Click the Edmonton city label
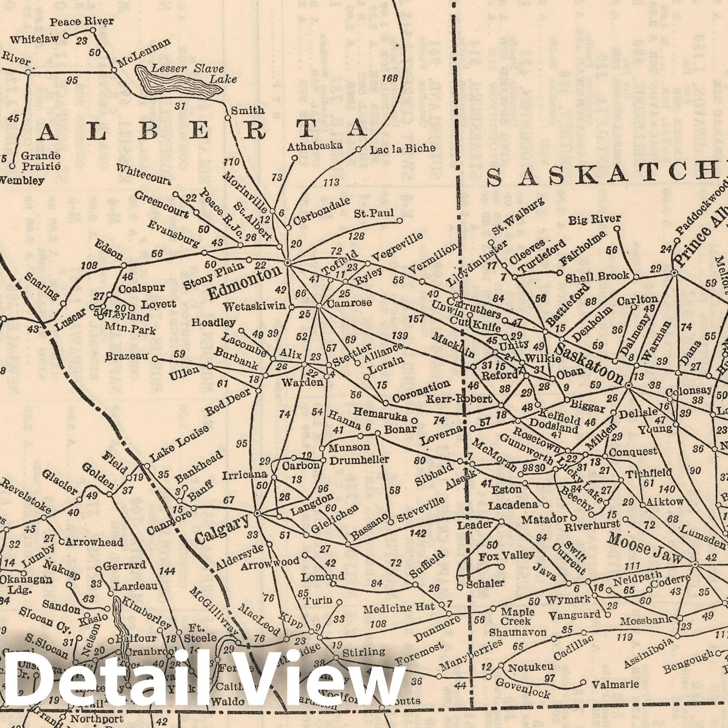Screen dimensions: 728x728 (245, 283)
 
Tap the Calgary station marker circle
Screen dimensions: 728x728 (257, 513)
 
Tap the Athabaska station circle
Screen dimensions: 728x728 (294, 158)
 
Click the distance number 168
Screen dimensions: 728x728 (391, 78)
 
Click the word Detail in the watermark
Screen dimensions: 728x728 (100, 682)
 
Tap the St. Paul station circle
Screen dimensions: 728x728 (400, 221)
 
